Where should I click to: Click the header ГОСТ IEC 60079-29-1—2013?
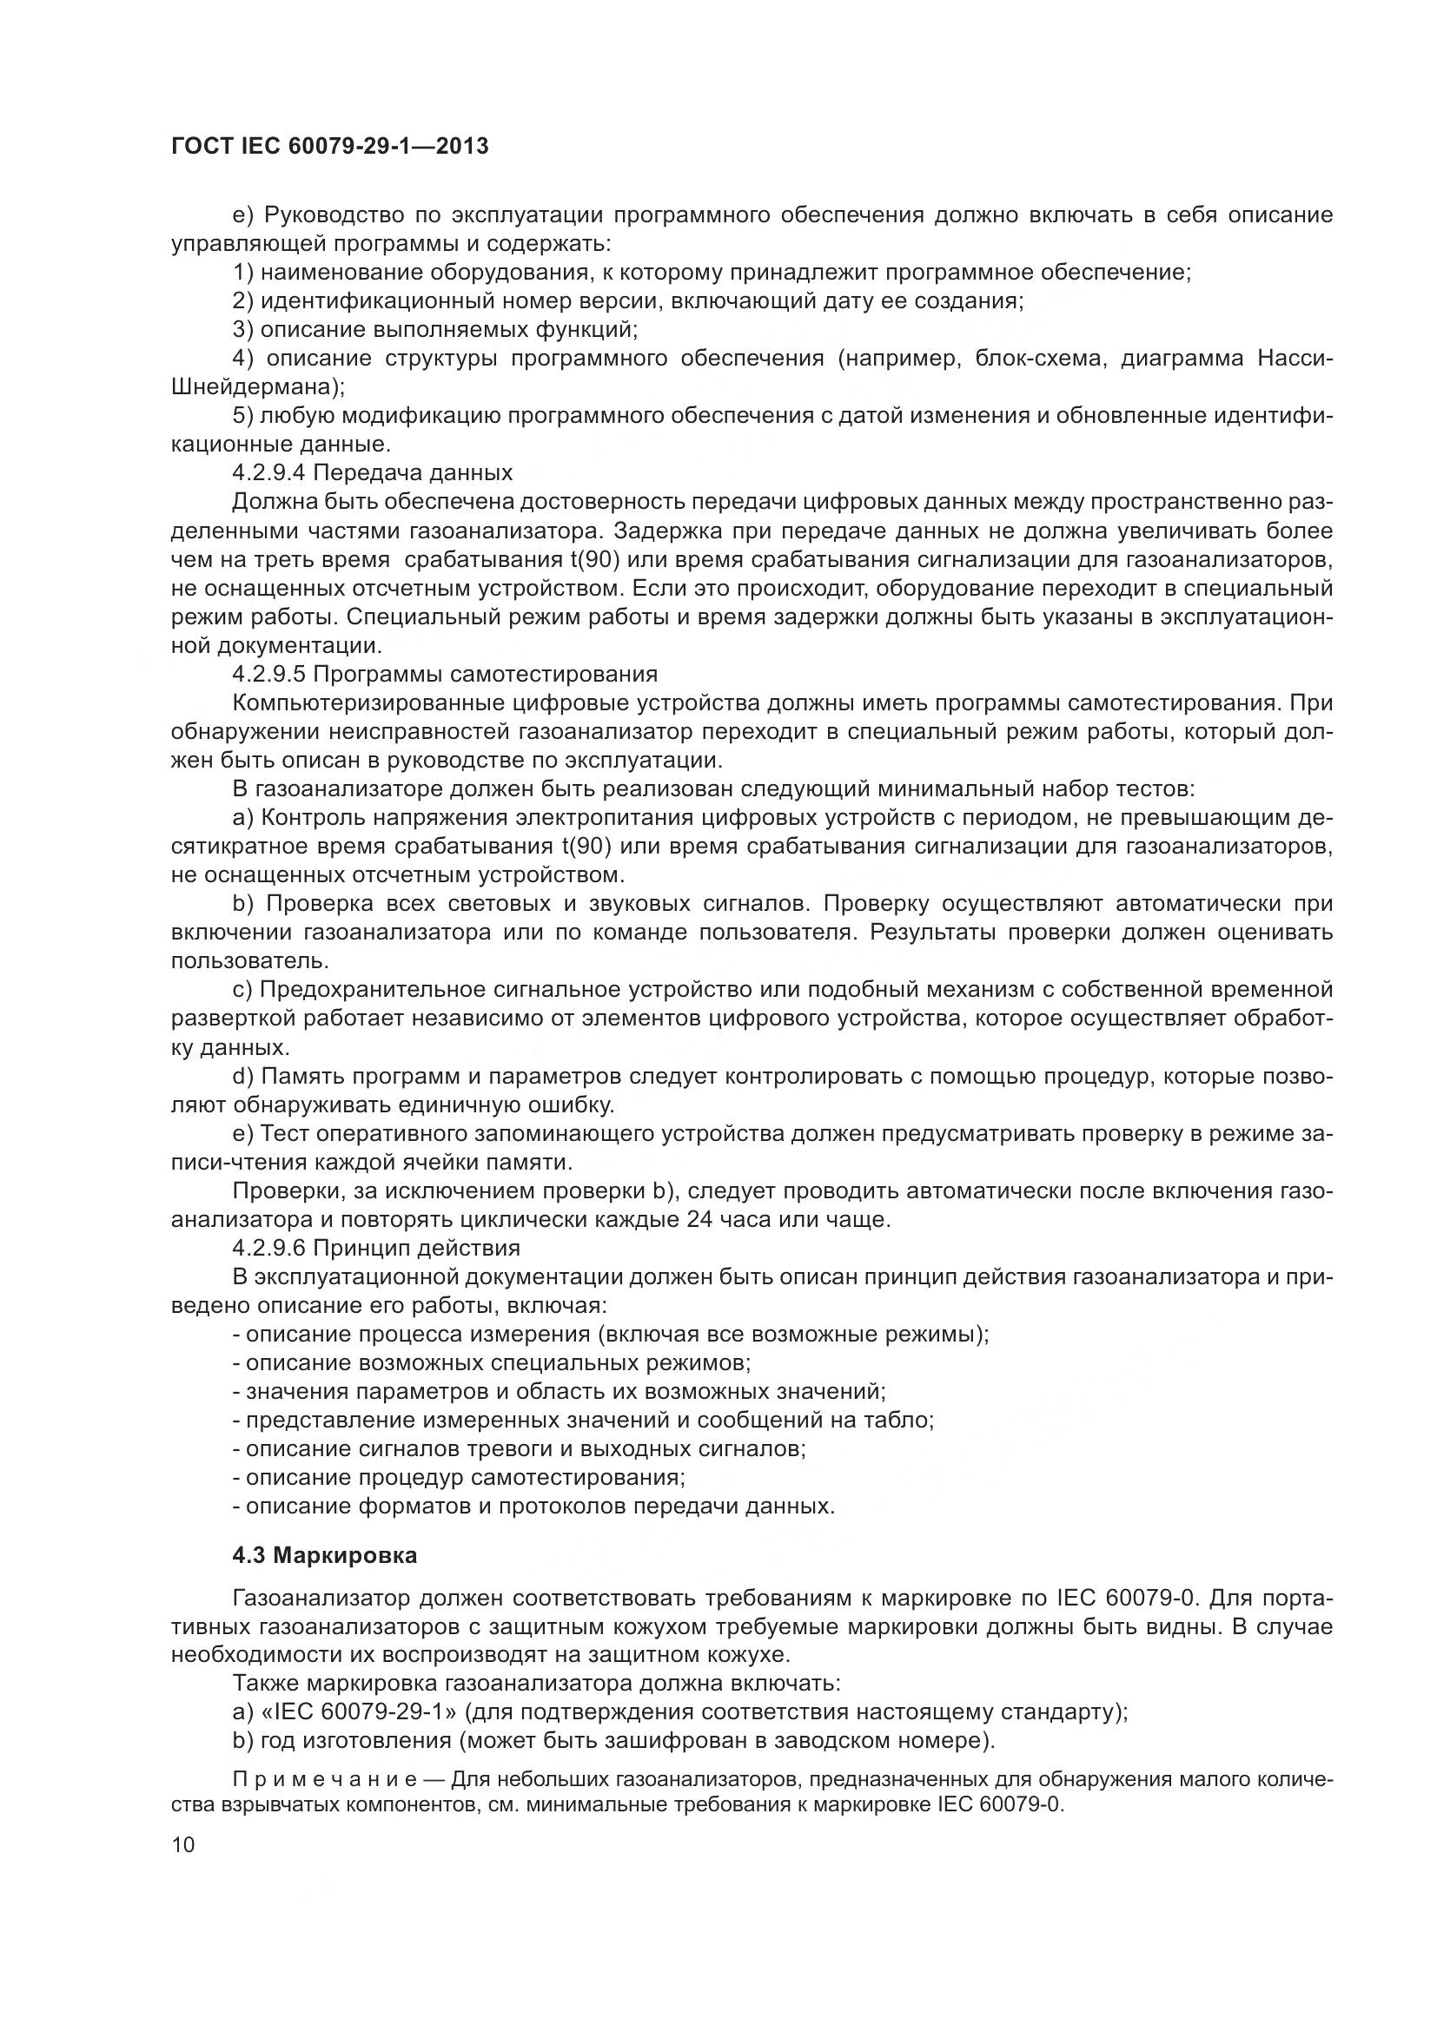coord(329,147)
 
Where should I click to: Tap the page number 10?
coord(183,1844)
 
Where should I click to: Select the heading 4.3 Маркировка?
coord(325,1556)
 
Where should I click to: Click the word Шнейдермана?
coord(254,386)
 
